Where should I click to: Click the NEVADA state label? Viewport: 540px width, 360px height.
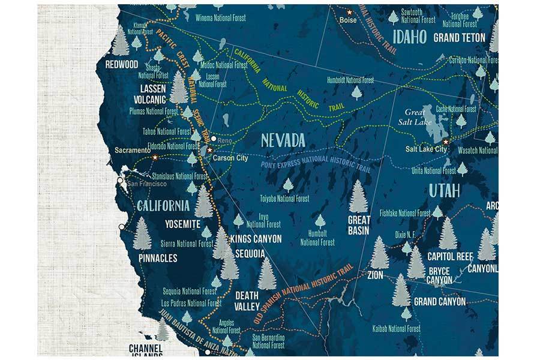tap(283, 142)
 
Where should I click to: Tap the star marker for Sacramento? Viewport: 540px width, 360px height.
tap(155, 157)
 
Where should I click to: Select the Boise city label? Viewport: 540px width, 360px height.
tap(348, 20)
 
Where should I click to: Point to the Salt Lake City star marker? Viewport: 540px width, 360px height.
tap(446, 142)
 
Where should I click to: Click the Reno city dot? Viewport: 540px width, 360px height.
tap(214, 139)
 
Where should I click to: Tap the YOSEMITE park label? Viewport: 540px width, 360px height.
tap(182, 224)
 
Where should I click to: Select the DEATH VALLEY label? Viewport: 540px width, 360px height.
tap(247, 301)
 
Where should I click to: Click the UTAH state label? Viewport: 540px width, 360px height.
tap(444, 191)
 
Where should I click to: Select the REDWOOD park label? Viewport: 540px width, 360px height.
tap(121, 64)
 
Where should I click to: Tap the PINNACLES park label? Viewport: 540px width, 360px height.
tap(158, 258)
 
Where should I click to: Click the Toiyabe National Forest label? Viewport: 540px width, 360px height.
tap(284, 199)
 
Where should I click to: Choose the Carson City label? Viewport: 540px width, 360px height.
tap(230, 158)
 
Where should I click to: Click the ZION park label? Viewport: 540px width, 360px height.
tap(375, 275)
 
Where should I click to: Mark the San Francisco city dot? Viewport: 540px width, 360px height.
tap(120, 180)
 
